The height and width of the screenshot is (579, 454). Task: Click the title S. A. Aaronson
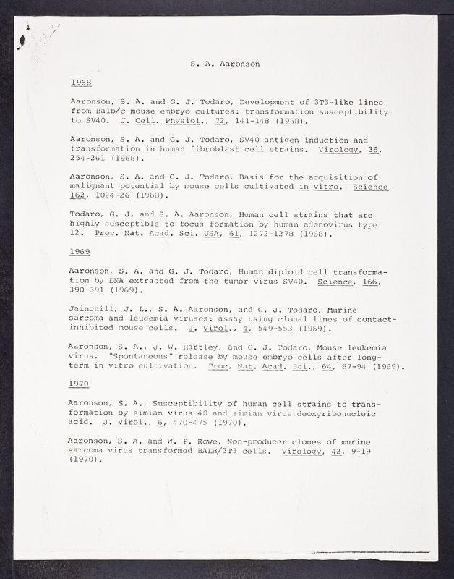pos(225,63)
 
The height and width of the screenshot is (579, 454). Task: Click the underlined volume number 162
pos(76,195)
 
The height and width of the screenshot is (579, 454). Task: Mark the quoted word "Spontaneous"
pos(140,356)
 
